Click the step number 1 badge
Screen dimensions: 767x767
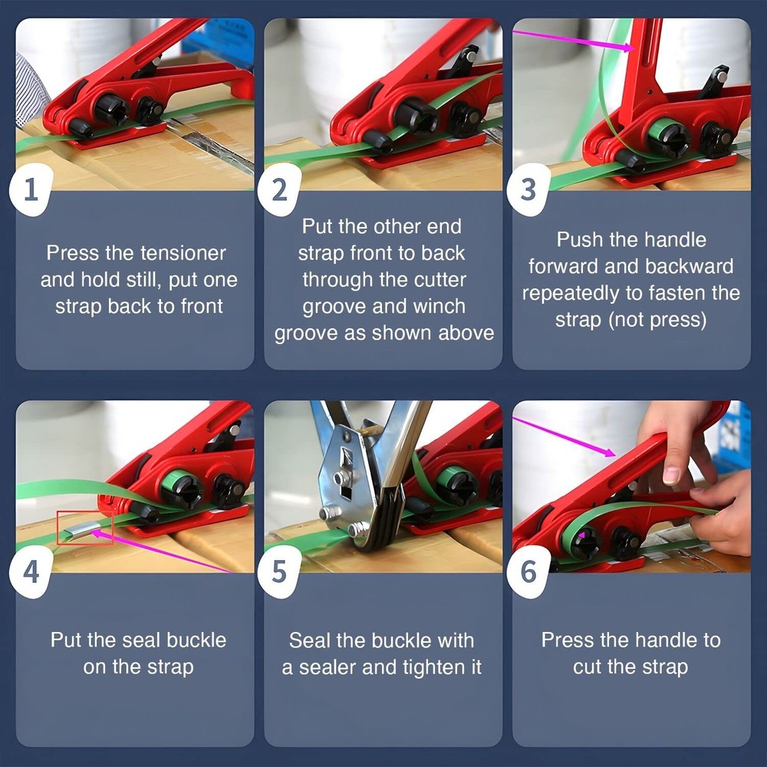click(31, 189)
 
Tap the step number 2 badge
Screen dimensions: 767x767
click(280, 189)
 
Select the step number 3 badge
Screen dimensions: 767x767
click(528, 189)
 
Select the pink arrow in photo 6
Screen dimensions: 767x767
click(568, 437)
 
